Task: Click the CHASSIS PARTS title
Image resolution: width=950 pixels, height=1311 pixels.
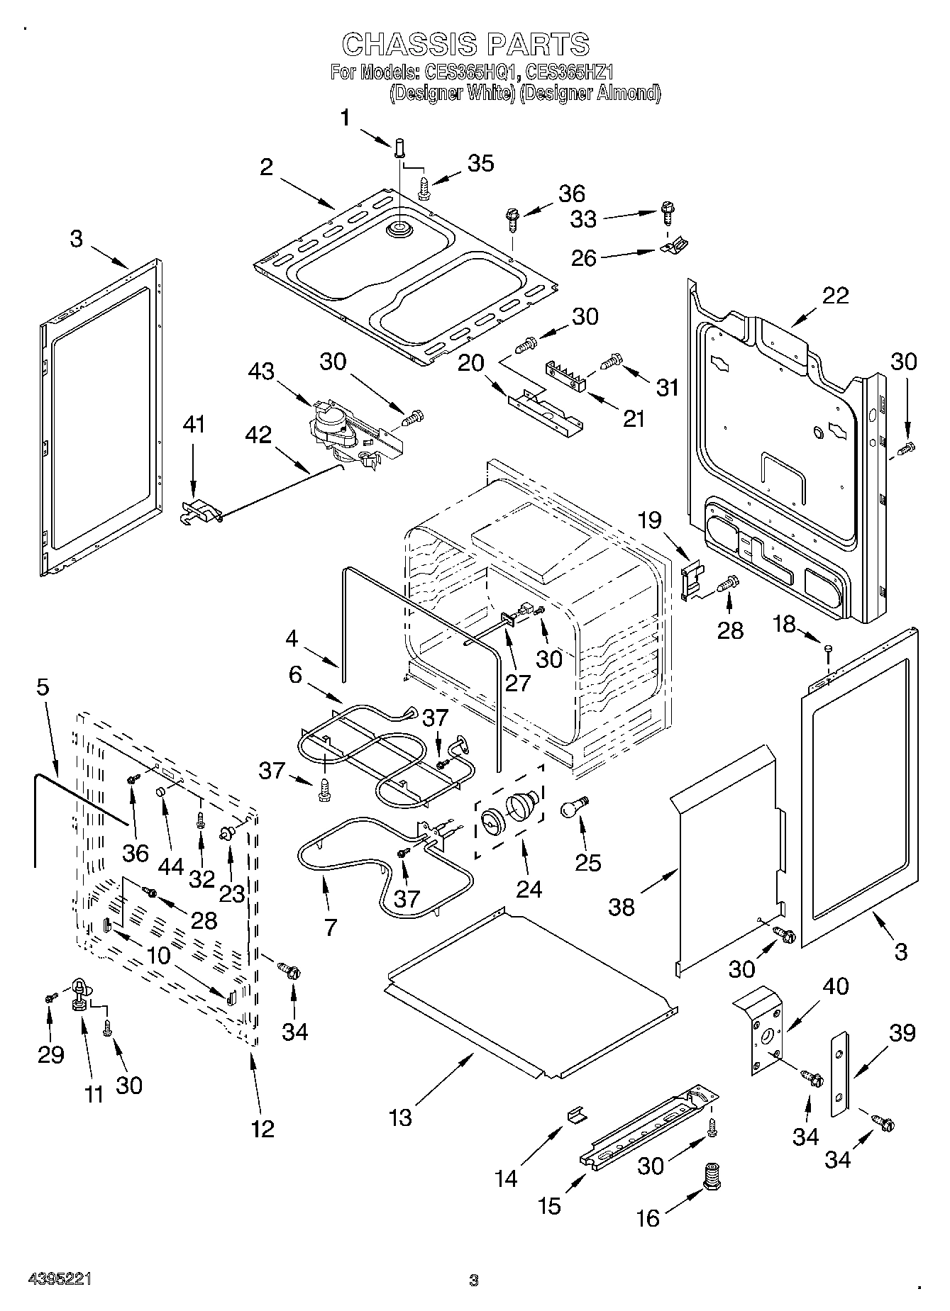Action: coord(465,45)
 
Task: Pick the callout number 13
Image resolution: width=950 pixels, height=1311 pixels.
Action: coord(400,1118)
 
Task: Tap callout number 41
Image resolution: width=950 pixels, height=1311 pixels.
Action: coord(194,425)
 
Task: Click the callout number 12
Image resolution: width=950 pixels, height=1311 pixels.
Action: coord(262,1128)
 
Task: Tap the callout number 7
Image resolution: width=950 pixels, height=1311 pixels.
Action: coord(331,927)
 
